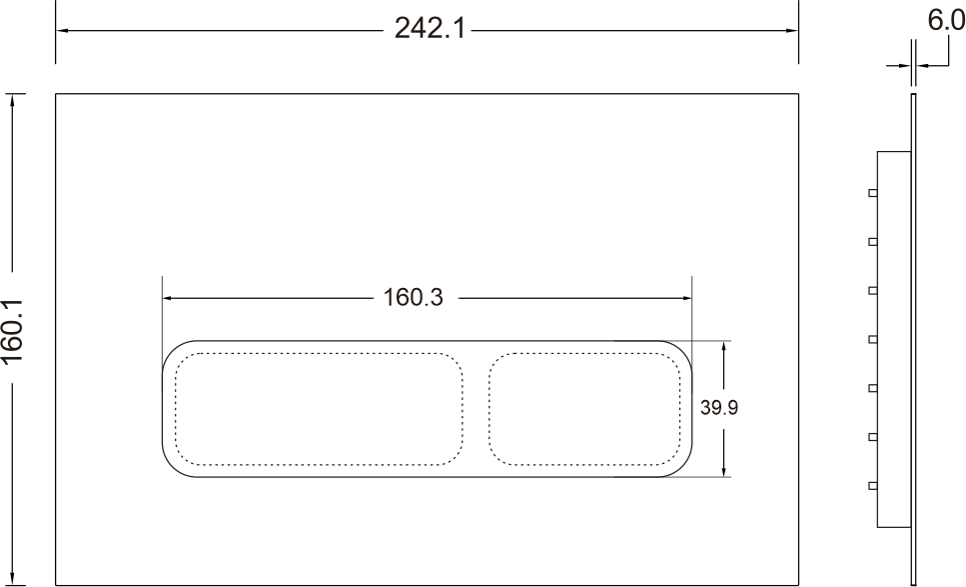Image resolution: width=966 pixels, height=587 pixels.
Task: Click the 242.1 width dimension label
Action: pyautogui.click(x=430, y=28)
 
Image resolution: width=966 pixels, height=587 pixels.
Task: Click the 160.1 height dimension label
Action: pyautogui.click(x=13, y=331)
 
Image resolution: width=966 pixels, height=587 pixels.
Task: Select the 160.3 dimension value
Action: pyautogui.click(x=413, y=297)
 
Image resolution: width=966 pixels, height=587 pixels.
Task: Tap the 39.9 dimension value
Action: pyautogui.click(x=719, y=408)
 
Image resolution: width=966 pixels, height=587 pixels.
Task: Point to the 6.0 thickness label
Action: pyautogui.click(x=946, y=21)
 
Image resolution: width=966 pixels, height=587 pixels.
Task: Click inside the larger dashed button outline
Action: pyautogui.click(x=319, y=409)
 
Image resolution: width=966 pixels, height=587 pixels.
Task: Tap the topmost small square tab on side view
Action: pyautogui.click(x=872, y=193)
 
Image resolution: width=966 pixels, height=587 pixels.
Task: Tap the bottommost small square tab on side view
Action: pyautogui.click(x=872, y=486)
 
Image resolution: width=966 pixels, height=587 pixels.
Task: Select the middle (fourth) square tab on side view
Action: pyautogui.click(x=872, y=339)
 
